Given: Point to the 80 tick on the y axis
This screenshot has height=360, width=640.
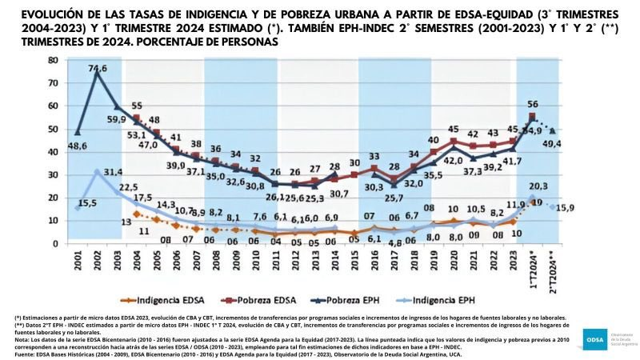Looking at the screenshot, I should (52, 60).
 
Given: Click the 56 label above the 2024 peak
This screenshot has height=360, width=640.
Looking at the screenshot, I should (532, 104).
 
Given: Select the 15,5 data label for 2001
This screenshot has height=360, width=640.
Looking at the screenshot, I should (87, 204).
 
